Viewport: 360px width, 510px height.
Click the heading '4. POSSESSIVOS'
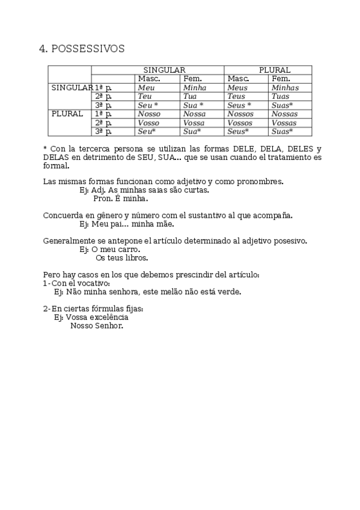(x=81, y=49)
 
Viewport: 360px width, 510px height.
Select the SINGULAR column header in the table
(x=163, y=70)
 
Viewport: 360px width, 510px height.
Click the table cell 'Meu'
(x=146, y=88)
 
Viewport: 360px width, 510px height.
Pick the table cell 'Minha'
(x=194, y=88)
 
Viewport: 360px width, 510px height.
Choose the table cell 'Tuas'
(x=280, y=96)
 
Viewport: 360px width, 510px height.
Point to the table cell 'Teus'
(x=237, y=96)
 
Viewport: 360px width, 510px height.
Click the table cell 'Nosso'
(x=148, y=114)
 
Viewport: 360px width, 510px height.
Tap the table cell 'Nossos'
(x=240, y=114)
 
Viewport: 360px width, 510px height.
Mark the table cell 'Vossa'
(x=194, y=123)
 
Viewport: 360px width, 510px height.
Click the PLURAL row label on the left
(x=67, y=114)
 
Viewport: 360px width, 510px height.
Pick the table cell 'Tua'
(x=190, y=96)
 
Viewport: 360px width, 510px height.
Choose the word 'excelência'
(x=108, y=317)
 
